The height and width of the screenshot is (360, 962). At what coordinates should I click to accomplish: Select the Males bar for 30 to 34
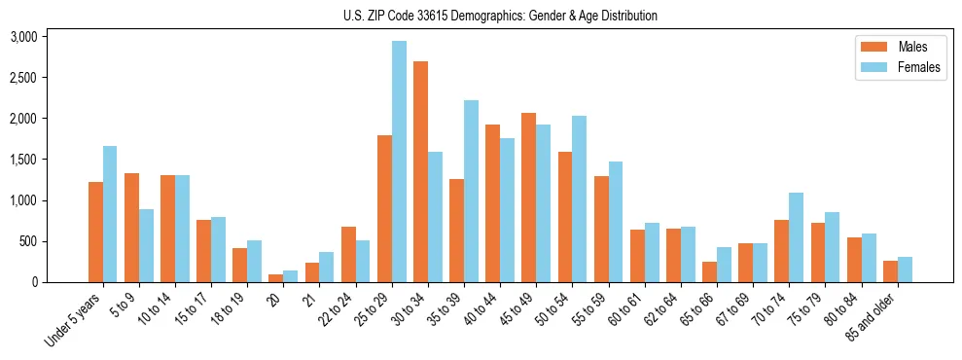pyautogui.click(x=420, y=172)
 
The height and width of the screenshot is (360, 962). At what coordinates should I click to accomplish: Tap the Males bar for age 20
pyautogui.click(x=276, y=278)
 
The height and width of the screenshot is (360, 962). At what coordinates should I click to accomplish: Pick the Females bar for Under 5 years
pyautogui.click(x=110, y=214)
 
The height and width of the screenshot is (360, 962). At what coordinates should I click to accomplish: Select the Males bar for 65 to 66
pyautogui.click(x=709, y=271)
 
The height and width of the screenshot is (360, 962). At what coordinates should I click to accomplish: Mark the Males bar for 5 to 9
pyautogui.click(x=131, y=228)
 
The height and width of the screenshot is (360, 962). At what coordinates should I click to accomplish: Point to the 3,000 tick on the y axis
pyautogui.click(x=23, y=37)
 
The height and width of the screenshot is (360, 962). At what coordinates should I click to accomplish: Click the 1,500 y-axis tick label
pyautogui.click(x=23, y=160)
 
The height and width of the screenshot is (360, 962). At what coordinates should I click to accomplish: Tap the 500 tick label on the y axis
pyautogui.click(x=28, y=241)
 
